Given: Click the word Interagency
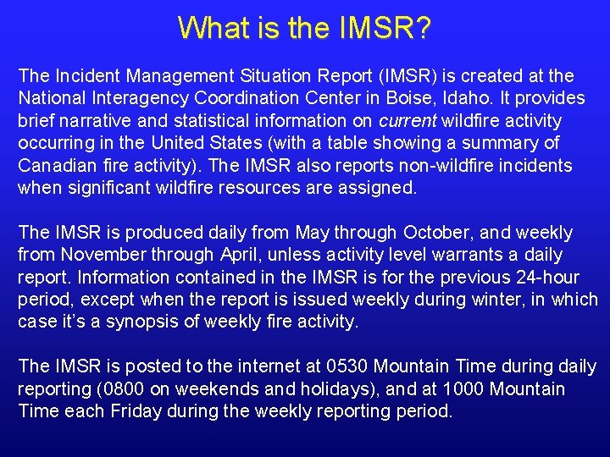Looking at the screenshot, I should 134,99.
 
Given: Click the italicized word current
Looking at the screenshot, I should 408,121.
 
